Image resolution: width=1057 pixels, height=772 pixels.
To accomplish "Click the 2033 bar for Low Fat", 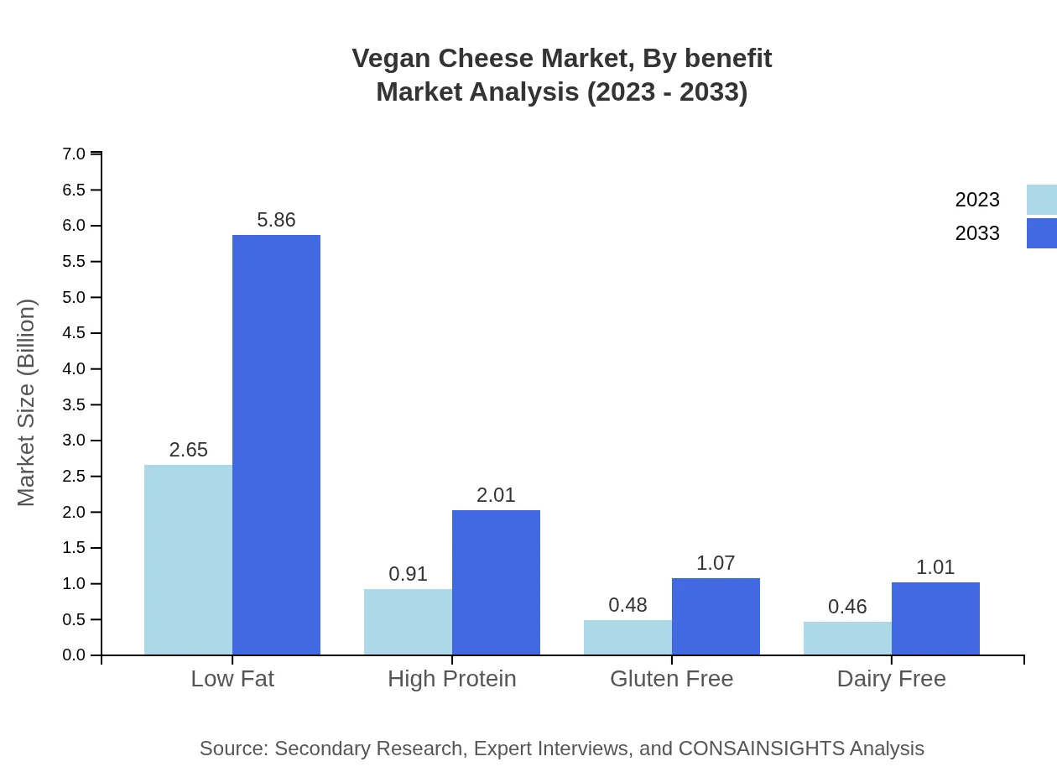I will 276,445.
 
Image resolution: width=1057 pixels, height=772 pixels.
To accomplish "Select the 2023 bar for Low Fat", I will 188,560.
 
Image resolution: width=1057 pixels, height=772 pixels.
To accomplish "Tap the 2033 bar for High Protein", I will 496,582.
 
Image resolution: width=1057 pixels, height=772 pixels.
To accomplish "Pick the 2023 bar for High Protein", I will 408,622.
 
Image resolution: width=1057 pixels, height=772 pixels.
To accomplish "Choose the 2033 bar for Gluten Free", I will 716,616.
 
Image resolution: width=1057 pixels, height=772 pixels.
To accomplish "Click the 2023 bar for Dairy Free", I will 847,639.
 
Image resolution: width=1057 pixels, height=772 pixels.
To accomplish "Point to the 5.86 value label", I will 276,220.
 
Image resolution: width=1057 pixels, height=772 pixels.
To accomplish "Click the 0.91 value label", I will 408,575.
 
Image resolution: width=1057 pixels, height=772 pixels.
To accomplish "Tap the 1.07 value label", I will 716,563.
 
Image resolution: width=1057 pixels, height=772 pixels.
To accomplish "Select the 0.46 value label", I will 847,607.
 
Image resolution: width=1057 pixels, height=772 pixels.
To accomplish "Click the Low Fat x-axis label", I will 232,679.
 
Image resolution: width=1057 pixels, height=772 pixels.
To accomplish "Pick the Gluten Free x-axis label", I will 671,679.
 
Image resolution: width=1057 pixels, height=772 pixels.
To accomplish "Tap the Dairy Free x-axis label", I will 891,679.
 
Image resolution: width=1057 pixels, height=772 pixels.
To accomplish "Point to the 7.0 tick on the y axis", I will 74,154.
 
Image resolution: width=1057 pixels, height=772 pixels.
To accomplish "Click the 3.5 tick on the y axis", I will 74,404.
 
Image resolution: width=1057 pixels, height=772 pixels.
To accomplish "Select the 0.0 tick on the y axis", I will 74,655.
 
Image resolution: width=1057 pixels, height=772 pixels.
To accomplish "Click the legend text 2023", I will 977,200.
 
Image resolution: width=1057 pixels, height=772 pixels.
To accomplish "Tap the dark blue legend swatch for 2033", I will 1041,233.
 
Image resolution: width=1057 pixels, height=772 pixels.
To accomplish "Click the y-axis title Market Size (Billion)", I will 27,403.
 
